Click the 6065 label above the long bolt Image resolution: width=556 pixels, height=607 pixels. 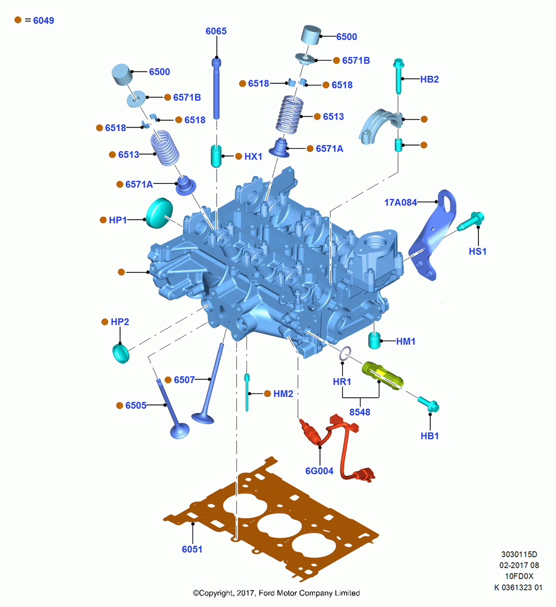[216, 31]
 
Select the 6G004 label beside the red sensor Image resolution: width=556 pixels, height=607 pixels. [319, 471]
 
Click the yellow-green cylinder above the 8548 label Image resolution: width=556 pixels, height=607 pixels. [382, 375]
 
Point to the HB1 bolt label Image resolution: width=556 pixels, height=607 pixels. [430, 436]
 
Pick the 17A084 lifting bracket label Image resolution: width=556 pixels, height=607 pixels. [401, 202]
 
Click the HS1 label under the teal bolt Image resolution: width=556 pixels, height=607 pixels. [478, 251]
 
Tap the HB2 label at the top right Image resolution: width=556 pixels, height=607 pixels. [429, 79]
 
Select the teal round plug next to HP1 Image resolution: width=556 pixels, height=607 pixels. [159, 213]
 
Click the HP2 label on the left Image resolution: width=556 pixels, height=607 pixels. [120, 322]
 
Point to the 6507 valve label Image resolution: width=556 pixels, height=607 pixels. [185, 380]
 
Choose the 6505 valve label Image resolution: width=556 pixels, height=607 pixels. [136, 405]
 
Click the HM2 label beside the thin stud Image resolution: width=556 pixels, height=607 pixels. [283, 394]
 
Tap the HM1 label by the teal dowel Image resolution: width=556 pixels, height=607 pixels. [406, 341]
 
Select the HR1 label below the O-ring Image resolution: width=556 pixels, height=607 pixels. [342, 381]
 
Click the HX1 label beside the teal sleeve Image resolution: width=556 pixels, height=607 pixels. [253, 157]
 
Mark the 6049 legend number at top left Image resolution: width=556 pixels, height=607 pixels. [43, 21]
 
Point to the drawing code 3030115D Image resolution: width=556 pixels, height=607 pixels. [519, 554]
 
